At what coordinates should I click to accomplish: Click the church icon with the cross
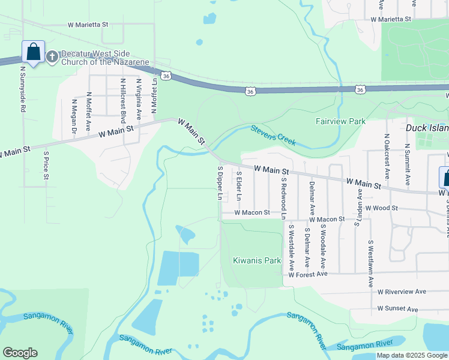[52, 56]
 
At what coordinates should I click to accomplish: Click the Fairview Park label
[340, 121]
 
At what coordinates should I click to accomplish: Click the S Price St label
[46, 165]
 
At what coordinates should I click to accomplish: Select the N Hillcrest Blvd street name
[122, 97]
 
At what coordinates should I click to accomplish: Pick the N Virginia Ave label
[139, 97]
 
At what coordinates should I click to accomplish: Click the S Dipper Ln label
[220, 184]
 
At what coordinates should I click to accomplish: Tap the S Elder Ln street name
[239, 185]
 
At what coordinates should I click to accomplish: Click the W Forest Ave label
[307, 274]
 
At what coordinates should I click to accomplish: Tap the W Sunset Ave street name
[397, 308]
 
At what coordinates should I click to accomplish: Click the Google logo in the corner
[19, 353]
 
